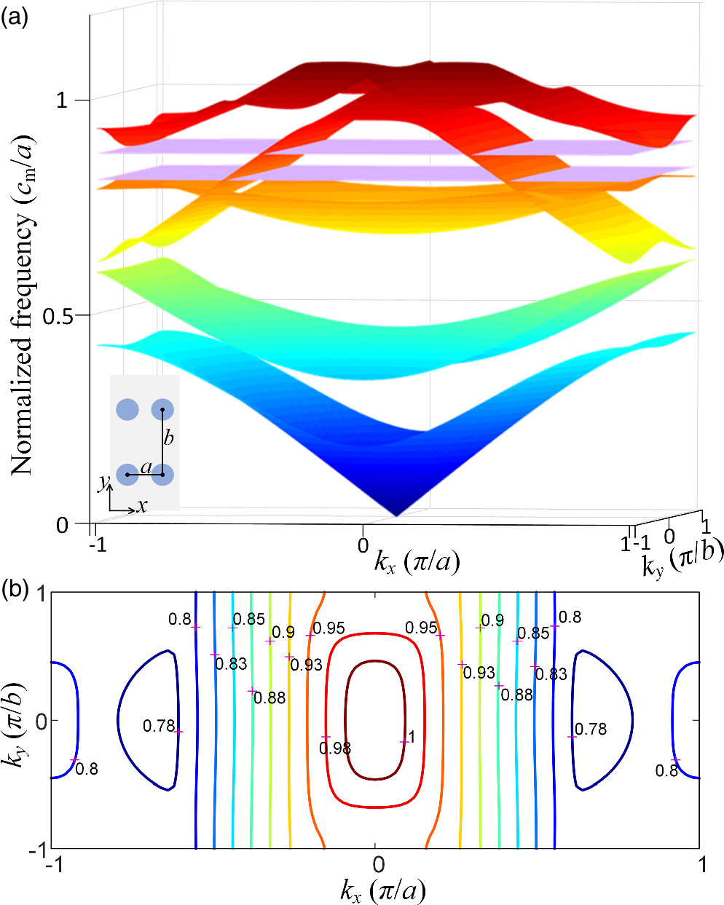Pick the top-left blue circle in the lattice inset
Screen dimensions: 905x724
click(x=127, y=410)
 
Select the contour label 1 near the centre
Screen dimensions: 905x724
click(x=412, y=738)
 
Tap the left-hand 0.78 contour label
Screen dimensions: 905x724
click(x=158, y=726)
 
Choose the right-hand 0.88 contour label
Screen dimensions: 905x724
click(x=516, y=695)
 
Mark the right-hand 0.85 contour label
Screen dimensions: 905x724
click(x=534, y=633)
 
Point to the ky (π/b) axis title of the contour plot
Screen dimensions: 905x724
click(x=17, y=721)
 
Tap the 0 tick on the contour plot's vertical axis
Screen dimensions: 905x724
click(x=40, y=721)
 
